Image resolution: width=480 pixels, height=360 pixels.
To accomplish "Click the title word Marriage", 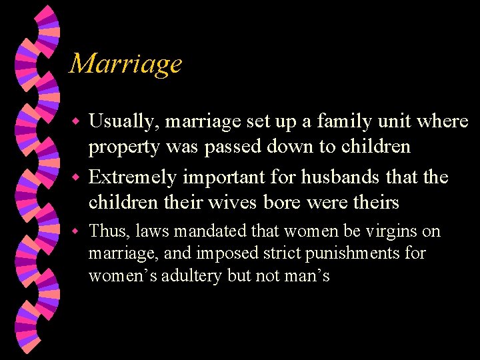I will [126, 63].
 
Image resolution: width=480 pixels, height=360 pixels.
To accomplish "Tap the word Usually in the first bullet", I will [124, 122].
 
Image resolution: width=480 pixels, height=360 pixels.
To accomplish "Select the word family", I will [325, 121].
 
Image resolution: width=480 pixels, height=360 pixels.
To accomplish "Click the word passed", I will [236, 147].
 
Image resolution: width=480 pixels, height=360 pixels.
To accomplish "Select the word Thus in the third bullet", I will [106, 231].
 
